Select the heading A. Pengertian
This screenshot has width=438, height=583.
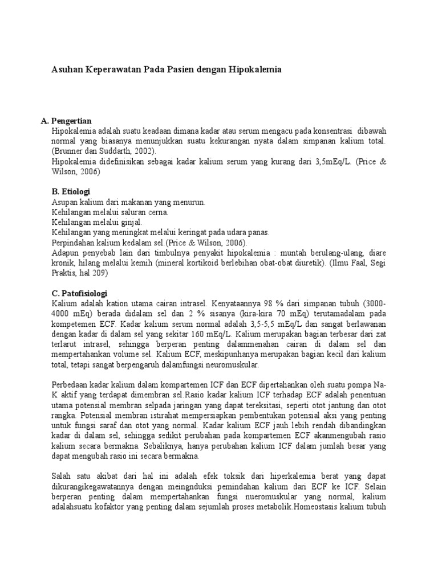66,121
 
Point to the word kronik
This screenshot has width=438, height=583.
63,263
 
